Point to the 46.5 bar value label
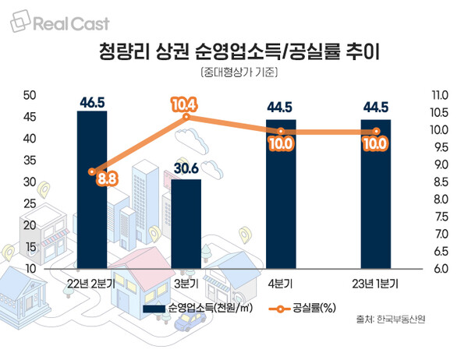[92, 102]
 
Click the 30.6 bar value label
[186, 169]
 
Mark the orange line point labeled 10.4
[186, 118]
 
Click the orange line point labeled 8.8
[92, 171]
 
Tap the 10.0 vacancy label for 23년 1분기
[376, 143]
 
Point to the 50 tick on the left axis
[31, 95]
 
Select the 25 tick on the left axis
[31, 204]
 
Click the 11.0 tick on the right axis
[440, 95]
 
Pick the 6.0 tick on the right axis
[440, 269]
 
